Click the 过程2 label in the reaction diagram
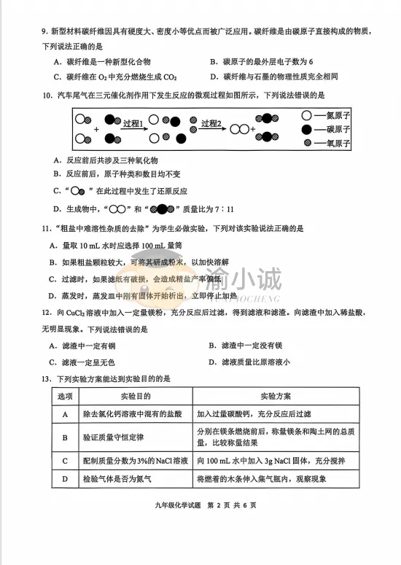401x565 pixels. tap(211, 124)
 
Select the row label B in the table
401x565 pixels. tap(65, 437)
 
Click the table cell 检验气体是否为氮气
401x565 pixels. tap(121, 480)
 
